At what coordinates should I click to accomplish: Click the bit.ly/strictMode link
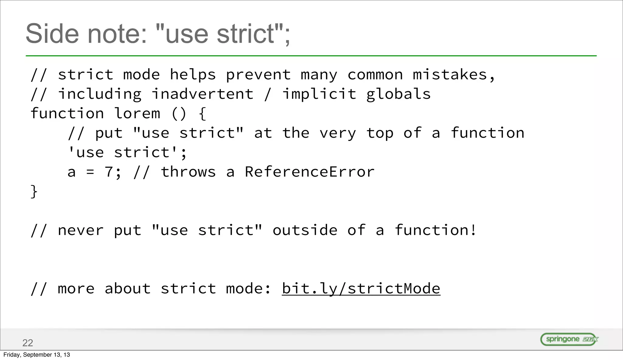pos(361,289)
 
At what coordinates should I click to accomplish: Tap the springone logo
pos(569,339)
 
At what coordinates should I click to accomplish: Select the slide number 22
pos(28,343)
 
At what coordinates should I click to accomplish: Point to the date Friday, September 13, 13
pos(37,355)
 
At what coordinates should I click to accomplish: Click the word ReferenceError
pos(309,172)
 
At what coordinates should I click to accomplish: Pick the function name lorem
pos(137,114)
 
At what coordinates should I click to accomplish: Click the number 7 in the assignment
pos(109,172)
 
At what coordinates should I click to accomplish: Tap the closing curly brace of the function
pos(34,192)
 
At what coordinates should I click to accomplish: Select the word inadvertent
pos(202,94)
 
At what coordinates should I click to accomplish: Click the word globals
pos(398,94)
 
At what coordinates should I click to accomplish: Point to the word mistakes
pos(450,75)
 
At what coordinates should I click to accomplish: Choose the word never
pos(81,230)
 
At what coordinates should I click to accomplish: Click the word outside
pos(305,230)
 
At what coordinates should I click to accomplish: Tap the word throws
pos(188,172)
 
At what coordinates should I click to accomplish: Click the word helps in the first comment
pos(193,75)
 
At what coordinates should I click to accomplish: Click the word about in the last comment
pos(127,289)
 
